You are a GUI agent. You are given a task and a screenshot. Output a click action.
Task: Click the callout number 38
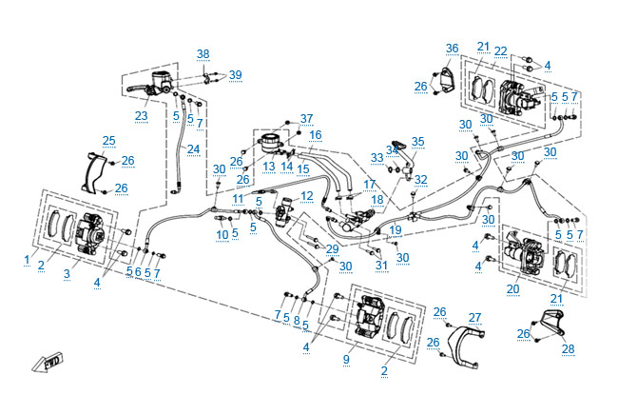203,53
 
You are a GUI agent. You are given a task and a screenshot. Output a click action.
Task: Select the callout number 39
235,75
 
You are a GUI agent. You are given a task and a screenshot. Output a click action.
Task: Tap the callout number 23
141,116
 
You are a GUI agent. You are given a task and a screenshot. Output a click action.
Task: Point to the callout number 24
193,148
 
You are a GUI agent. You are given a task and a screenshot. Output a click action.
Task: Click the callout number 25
109,141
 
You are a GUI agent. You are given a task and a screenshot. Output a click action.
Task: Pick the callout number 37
306,119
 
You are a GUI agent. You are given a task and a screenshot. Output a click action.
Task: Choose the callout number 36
452,49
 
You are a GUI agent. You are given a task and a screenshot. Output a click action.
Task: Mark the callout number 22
501,50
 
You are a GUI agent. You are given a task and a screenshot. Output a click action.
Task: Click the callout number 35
418,142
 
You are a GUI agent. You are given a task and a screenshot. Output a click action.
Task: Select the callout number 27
474,317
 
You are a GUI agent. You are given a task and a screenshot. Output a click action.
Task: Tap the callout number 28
568,349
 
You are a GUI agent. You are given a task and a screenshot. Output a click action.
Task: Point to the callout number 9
347,359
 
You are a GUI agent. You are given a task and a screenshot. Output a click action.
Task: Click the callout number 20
513,289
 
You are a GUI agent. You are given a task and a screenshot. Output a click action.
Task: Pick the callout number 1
28,259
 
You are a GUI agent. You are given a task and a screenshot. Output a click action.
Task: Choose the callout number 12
306,196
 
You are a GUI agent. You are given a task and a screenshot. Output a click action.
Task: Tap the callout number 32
421,179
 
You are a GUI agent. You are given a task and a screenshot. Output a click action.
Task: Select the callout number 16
316,135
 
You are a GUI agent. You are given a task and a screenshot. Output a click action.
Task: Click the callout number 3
67,274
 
